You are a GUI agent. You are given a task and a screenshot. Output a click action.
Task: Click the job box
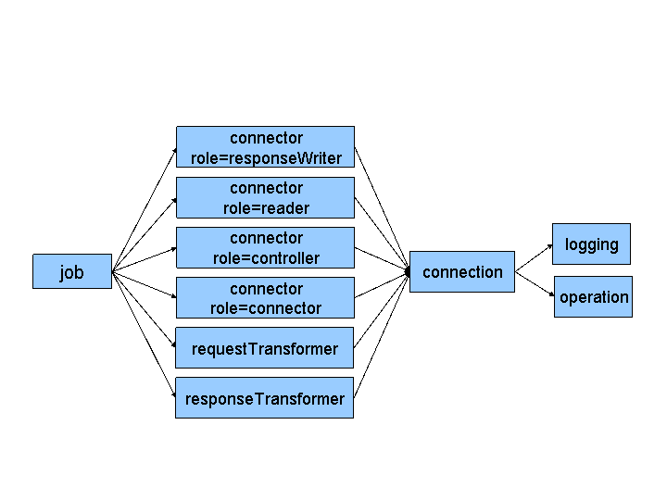coord(71,271)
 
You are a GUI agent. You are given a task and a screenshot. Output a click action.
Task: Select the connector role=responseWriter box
coord(265,147)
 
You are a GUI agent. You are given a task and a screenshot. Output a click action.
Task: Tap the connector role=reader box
coord(265,197)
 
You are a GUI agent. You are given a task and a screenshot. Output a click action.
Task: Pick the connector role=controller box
coord(265,247)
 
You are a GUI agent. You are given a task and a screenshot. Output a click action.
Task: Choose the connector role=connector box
coord(265,297)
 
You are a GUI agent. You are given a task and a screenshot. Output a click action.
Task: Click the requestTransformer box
coord(264,348)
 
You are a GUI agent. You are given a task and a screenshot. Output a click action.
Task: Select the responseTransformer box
coord(264,398)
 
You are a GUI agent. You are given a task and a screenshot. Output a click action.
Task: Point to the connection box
coord(461,271)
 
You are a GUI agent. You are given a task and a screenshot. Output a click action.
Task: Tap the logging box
coord(591,244)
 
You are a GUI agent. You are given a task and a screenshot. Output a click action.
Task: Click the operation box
coord(593,296)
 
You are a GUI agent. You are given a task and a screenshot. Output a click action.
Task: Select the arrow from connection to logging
coord(534,258)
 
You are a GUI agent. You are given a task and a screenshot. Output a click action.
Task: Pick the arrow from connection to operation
coord(535,283)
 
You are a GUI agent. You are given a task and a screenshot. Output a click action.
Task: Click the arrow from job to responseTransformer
coord(144,334)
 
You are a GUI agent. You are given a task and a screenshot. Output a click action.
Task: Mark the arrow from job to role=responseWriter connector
coord(144,209)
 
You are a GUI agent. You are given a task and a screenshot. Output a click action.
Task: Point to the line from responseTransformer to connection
coord(382,334)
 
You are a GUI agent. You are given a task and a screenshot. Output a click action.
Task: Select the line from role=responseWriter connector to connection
coord(382,209)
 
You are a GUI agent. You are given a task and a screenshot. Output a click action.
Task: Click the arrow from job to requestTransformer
coord(144,309)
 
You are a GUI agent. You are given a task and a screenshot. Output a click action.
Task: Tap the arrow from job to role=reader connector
coord(144,234)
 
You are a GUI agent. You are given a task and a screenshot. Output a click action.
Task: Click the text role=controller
coord(266,258)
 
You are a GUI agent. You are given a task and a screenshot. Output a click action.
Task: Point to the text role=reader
coord(266,208)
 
